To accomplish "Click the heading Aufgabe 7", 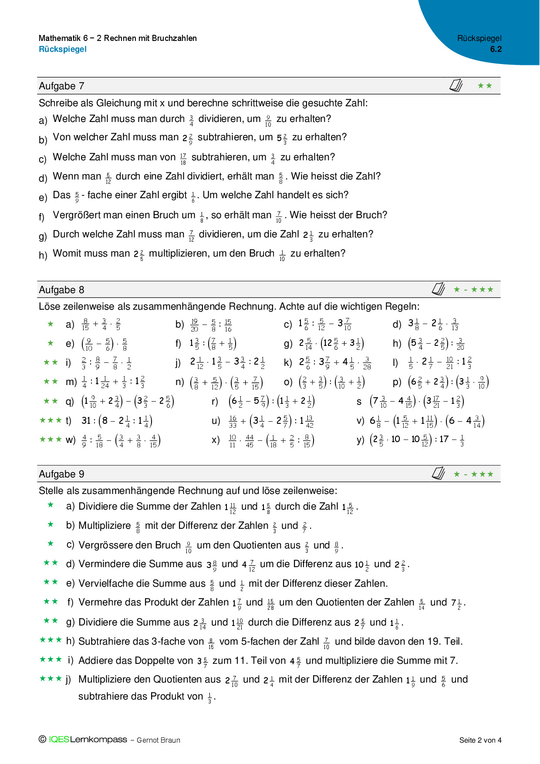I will (x=61, y=86).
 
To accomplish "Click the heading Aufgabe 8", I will (x=61, y=290).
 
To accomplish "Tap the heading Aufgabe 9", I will (x=61, y=474).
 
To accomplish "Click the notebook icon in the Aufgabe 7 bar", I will (x=456, y=85).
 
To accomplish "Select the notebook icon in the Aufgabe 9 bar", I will (x=438, y=473).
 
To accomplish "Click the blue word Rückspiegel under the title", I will (x=63, y=49).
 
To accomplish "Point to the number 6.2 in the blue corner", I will (x=496, y=49).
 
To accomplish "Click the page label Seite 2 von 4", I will (x=480, y=740).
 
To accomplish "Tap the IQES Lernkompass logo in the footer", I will (x=83, y=740).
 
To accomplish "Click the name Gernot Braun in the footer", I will (x=158, y=740).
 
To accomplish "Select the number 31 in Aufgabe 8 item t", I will (x=86, y=421).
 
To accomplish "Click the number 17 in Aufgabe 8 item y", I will (x=444, y=439).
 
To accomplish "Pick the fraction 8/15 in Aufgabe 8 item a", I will (x=85, y=325).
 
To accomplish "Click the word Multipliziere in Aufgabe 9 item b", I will (x=105, y=526).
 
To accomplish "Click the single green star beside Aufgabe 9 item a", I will (x=51, y=505).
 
